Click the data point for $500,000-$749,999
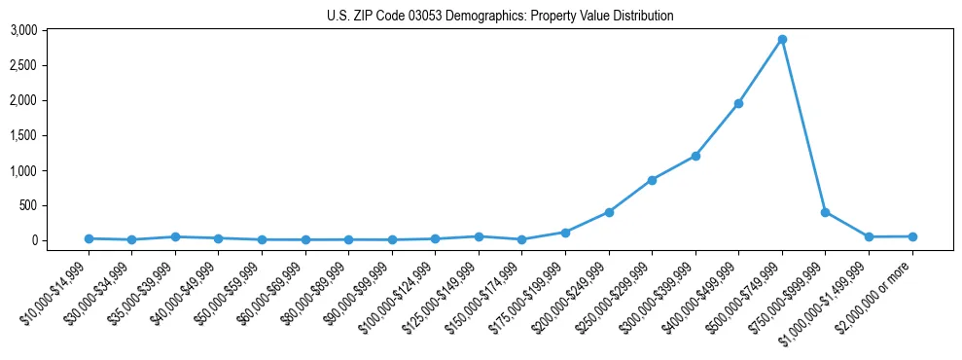782,40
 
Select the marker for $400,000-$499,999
738,103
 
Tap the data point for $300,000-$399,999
695,156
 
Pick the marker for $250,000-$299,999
652,180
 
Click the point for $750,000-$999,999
825,211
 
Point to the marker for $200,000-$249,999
609,211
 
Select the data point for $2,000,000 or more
912,236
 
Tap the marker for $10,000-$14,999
89,238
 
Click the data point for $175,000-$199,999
565,233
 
